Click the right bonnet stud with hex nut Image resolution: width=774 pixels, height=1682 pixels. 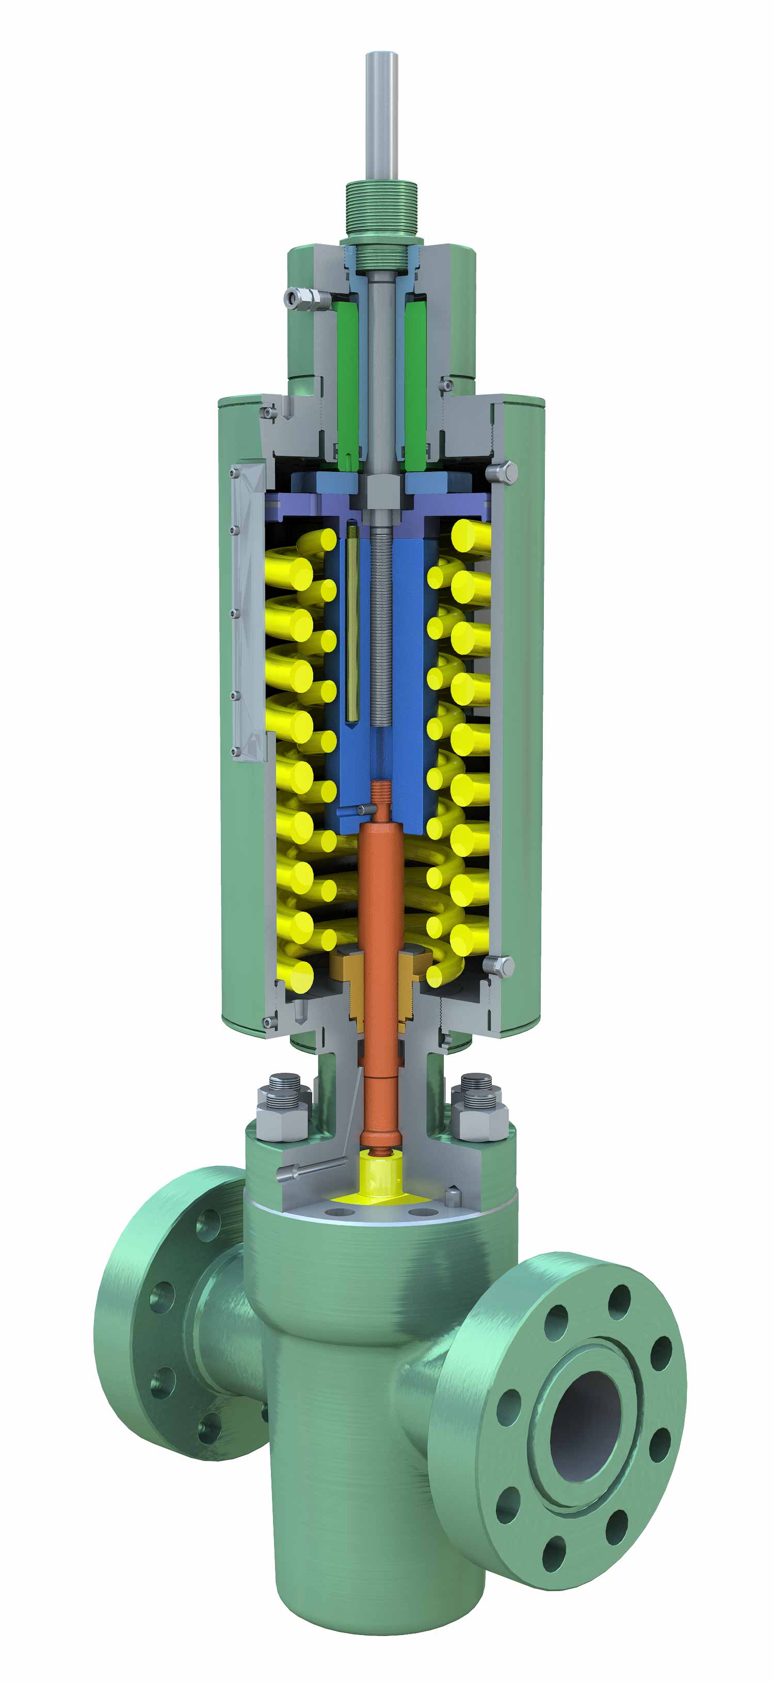480,1103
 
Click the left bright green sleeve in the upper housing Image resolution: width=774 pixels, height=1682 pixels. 347,379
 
